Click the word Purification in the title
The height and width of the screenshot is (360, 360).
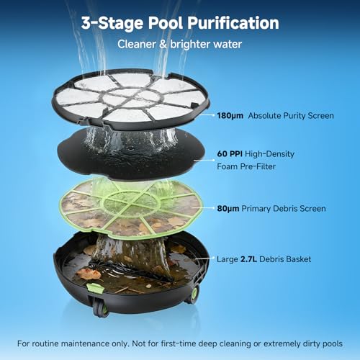point(233,23)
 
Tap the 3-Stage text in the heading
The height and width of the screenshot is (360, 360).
point(112,23)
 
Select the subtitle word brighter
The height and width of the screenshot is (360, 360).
point(190,44)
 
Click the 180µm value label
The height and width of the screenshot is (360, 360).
point(230,116)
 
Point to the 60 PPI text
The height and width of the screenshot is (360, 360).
point(230,153)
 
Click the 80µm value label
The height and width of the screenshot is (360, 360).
point(228,209)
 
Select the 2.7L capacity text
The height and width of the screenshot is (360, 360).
point(248,259)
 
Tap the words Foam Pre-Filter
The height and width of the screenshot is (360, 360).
point(246,166)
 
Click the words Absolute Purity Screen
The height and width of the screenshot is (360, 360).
point(291,116)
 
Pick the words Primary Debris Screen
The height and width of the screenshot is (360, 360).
point(284,209)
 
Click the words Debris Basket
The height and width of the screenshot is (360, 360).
point(285,259)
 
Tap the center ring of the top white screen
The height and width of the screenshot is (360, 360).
point(131,98)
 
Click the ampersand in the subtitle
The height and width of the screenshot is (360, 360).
point(163,44)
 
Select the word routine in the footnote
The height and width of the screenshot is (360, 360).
point(45,343)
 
